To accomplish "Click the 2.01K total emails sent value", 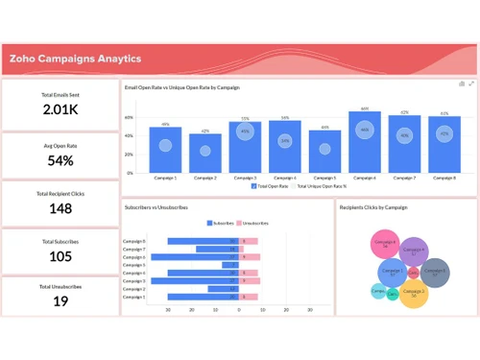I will click(60, 109).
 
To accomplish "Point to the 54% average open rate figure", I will click(60, 158).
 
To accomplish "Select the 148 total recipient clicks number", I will click(60, 208).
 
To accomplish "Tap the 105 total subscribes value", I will click(60, 256).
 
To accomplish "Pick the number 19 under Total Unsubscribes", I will click(60, 301).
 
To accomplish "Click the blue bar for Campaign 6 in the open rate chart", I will click(365, 142).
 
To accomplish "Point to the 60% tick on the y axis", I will click(129, 118).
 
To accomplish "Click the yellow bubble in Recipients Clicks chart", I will click(414, 293).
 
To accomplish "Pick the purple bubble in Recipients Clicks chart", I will click(413, 252).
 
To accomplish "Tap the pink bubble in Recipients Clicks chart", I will click(385, 244).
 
